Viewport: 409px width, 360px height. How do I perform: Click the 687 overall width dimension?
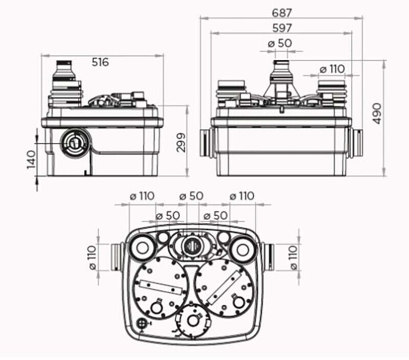tap(282, 13)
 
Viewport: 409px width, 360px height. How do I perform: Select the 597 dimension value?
tap(282, 28)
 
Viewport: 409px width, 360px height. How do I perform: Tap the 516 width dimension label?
tap(100, 62)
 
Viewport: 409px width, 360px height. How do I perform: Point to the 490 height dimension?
tap(377, 114)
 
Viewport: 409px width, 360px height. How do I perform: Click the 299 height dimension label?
tap(181, 143)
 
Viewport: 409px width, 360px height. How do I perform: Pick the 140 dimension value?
tap(31, 160)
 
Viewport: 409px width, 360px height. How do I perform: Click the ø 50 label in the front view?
tap(280, 43)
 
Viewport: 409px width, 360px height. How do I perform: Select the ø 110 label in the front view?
tap(332, 70)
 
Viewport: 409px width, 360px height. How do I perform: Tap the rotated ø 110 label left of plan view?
tap(93, 257)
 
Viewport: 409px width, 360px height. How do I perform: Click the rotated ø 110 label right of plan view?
tap(293, 257)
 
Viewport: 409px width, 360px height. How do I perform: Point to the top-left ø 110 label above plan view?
tap(142, 196)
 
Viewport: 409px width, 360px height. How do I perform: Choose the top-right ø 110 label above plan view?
tap(242, 196)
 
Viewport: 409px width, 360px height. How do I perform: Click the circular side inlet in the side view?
tap(75, 143)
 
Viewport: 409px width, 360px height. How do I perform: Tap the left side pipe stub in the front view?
tap(206, 143)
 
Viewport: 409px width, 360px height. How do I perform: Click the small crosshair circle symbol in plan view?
tap(142, 324)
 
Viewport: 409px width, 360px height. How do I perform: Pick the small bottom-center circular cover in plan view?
tap(193, 320)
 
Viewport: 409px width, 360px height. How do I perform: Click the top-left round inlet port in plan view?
tap(143, 248)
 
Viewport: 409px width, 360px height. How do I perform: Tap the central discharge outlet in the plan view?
tap(191, 245)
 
